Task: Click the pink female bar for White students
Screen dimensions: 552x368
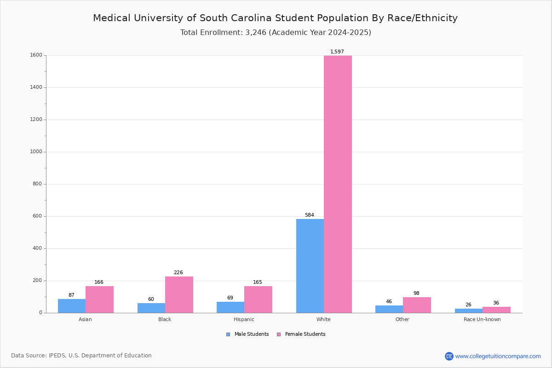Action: point(338,184)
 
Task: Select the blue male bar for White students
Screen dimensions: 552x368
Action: point(310,266)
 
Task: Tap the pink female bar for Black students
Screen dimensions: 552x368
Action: point(179,295)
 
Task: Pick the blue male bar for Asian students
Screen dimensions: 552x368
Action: point(72,306)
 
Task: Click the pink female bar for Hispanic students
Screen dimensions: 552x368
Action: point(258,299)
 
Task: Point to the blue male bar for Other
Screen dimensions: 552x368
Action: point(389,309)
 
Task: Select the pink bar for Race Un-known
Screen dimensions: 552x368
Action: point(496,310)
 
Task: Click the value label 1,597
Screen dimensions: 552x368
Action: point(337,52)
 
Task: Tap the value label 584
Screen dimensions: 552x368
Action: point(310,215)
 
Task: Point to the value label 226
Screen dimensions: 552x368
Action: point(178,272)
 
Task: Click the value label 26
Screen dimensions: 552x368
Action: point(468,305)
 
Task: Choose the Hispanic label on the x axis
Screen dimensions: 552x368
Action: point(244,319)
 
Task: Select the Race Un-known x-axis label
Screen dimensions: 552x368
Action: point(482,319)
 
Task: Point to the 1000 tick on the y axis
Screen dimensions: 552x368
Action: point(36,152)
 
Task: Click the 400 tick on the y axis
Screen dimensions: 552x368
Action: point(38,248)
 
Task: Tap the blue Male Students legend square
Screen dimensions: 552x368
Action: point(228,334)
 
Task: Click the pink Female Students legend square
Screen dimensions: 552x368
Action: point(279,334)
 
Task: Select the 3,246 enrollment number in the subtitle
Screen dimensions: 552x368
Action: point(256,33)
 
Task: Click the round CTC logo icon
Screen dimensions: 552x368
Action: point(449,356)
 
